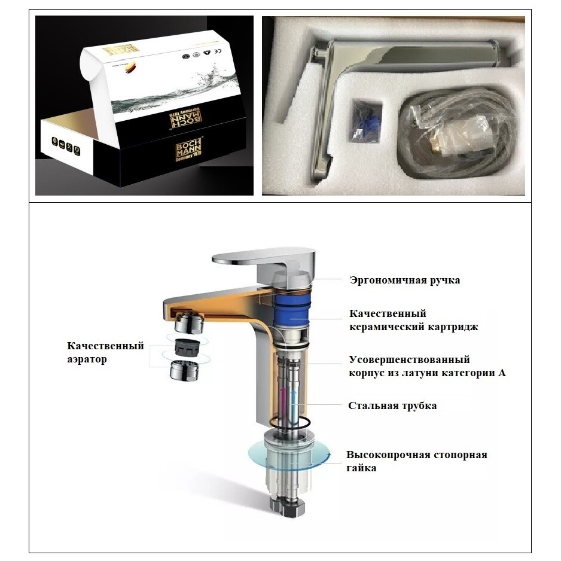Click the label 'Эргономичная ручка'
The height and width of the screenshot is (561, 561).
tap(405, 280)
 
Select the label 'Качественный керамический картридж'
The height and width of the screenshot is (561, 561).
tap(413, 320)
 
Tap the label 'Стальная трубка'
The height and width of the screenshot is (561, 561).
tap(392, 405)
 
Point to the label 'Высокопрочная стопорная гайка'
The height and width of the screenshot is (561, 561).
tap(416, 461)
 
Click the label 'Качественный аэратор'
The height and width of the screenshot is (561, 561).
tap(105, 352)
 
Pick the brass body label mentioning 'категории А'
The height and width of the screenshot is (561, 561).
tap(427, 366)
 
